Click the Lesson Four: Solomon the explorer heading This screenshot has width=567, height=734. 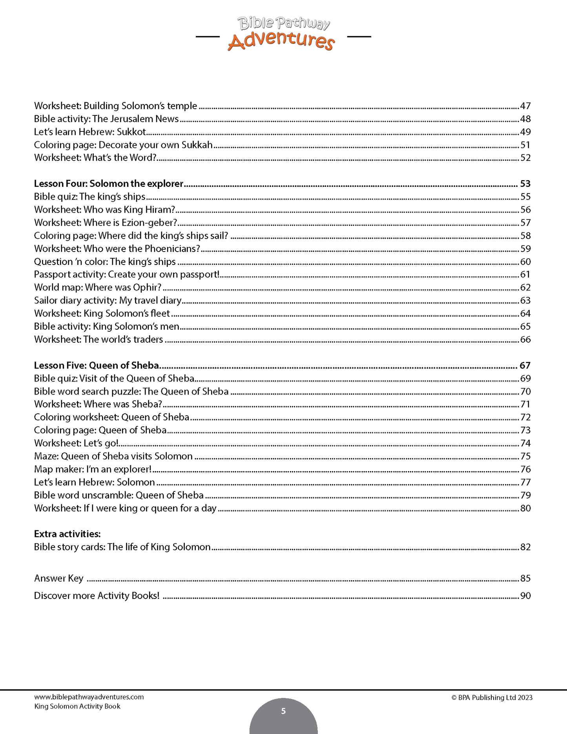[109, 184]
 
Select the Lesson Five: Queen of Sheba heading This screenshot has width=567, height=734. [97, 365]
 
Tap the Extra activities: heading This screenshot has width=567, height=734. [67, 534]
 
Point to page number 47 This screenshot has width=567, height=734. [525, 106]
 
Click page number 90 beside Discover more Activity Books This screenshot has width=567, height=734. [525, 596]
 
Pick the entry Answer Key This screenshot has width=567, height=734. [59, 579]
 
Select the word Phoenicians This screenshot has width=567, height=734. [172, 249]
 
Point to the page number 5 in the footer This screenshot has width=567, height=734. [283, 711]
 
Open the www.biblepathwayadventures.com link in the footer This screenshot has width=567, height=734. [89, 697]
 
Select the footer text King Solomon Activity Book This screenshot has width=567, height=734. [77, 707]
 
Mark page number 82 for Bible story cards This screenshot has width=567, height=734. [525, 547]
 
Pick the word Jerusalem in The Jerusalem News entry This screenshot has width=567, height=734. [129, 119]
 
